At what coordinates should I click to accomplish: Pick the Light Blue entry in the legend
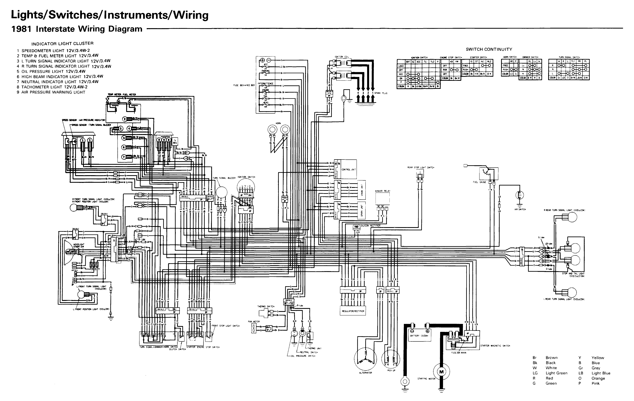(601, 373)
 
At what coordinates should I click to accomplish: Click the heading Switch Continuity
(489, 49)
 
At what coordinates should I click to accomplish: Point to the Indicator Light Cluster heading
(62, 43)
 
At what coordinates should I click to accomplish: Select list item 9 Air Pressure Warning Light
(51, 92)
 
